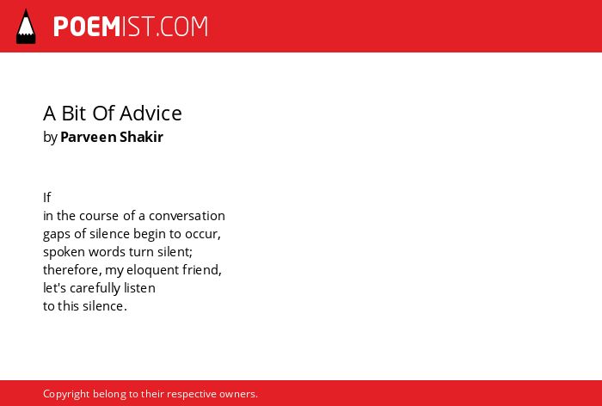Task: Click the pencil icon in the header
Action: coord(26,27)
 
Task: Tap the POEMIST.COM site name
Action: coord(131,27)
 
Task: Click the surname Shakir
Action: coord(142,137)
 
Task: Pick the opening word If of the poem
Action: coord(46,198)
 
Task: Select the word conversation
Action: coord(187,216)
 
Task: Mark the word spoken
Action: coord(64,252)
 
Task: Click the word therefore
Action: coord(71,270)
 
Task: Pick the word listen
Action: coord(139,288)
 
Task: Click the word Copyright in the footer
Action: coord(66,394)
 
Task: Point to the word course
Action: coord(99,216)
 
